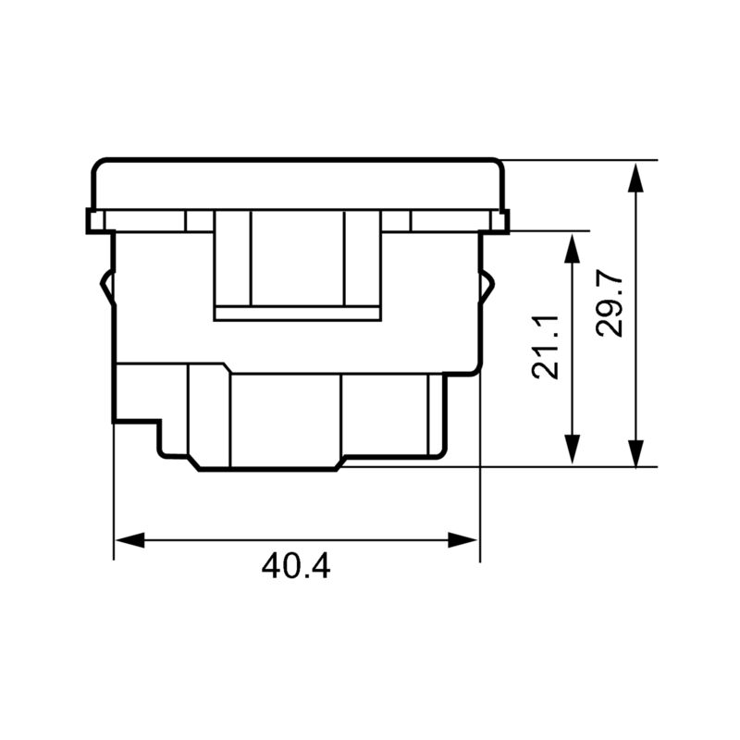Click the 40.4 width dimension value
tap(296, 565)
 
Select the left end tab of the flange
tap(92, 221)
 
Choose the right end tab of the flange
tap(503, 221)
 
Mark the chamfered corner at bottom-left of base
tap(193, 462)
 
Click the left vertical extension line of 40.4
tap(113, 499)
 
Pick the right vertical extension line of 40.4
tap(480, 499)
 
